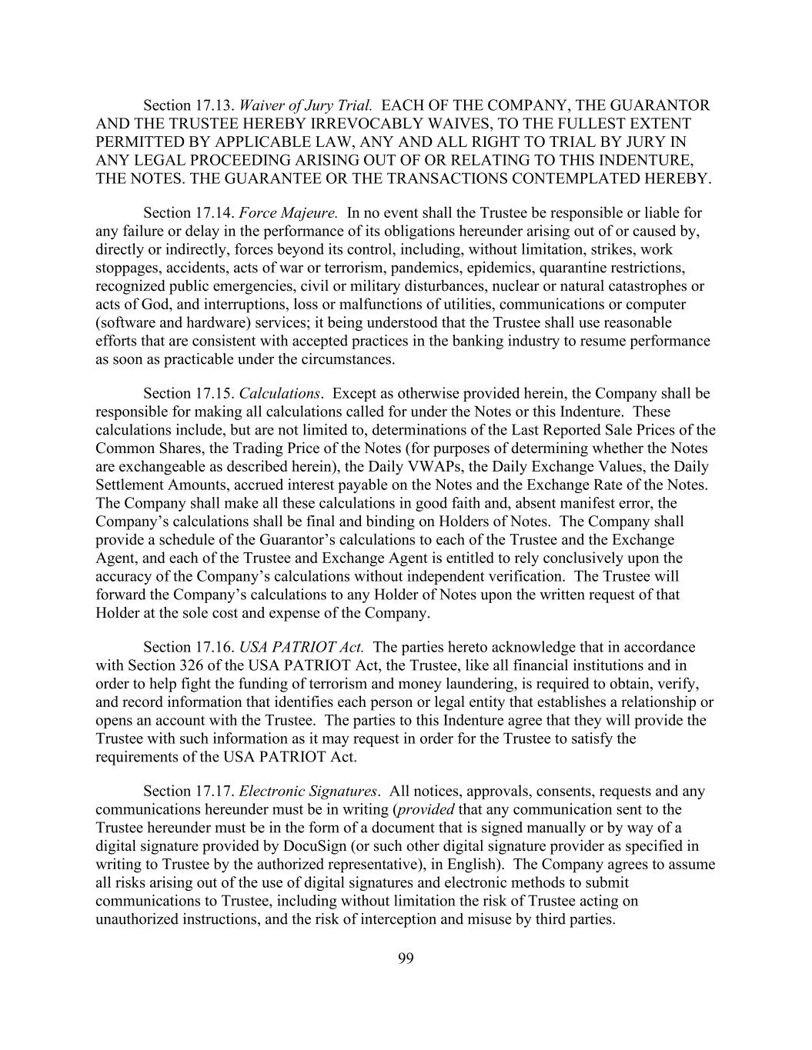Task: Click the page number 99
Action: tap(406, 958)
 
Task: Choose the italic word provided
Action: tap(426, 809)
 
